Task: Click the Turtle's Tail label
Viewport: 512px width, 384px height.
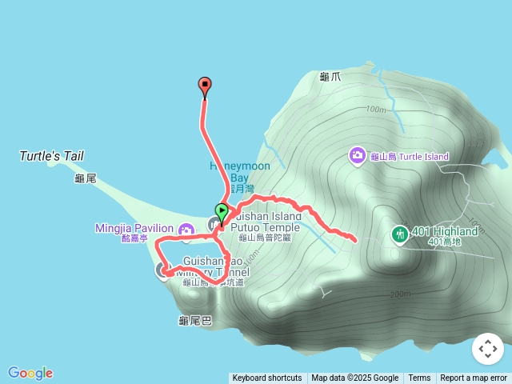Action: (51, 156)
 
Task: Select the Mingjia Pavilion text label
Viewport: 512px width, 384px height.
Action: (134, 229)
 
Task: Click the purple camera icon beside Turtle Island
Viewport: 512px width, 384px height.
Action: (358, 155)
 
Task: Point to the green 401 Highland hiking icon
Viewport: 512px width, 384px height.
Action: (398, 234)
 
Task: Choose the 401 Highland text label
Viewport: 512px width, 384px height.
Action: (445, 232)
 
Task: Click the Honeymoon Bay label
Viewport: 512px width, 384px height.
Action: (240, 172)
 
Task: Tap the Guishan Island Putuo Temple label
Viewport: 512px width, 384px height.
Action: (266, 222)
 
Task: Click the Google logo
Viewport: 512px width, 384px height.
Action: (30, 373)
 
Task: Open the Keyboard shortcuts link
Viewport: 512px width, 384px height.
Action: (267, 378)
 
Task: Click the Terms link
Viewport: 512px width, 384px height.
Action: (419, 378)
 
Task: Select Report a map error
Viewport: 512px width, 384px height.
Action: (474, 378)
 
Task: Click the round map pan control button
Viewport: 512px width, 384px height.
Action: (488, 349)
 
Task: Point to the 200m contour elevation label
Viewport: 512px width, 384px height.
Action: (400, 294)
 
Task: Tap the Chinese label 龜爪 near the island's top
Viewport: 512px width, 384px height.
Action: (330, 77)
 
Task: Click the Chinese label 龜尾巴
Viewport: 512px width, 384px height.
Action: (195, 321)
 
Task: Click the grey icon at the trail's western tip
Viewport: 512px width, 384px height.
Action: (162, 270)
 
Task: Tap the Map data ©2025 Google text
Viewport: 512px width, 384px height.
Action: (354, 378)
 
